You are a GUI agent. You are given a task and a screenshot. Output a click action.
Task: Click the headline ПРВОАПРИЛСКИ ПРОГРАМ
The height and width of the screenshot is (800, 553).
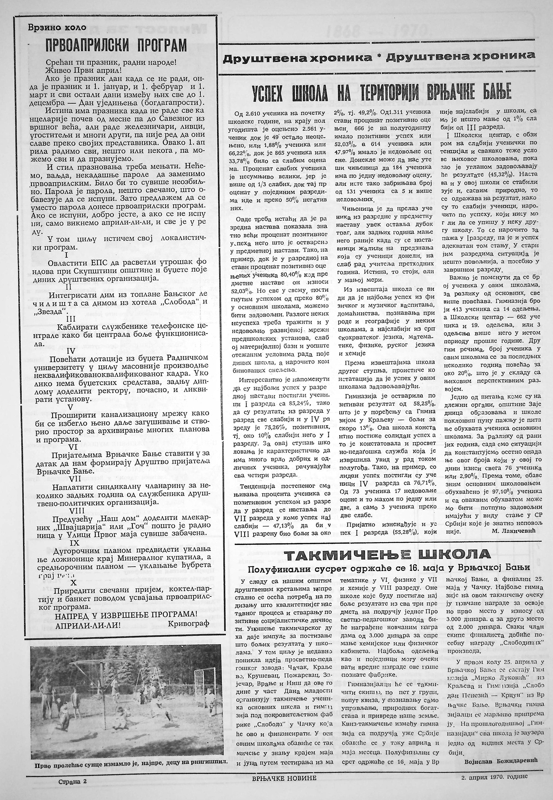pos(116,45)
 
